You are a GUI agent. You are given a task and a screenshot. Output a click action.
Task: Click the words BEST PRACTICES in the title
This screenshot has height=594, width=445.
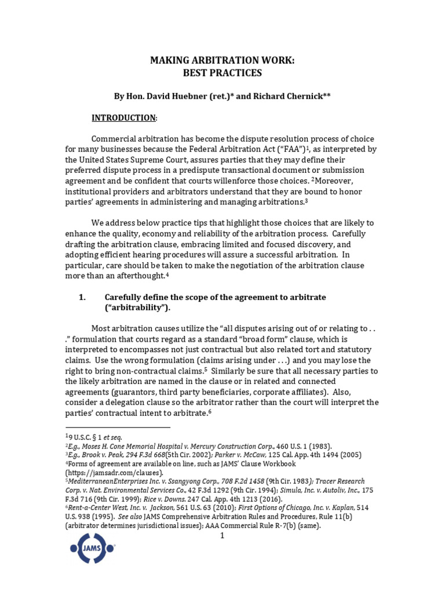222,73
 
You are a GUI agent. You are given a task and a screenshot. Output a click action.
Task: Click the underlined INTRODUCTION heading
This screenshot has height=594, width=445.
123,118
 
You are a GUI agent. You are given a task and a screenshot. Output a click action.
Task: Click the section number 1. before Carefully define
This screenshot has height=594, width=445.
82,297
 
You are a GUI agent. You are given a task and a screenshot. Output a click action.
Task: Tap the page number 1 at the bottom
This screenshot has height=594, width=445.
221,535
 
